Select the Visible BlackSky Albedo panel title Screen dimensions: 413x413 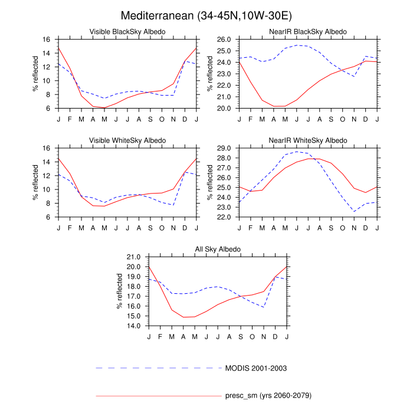click(127, 31)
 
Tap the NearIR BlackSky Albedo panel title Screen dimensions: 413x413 click(308, 31)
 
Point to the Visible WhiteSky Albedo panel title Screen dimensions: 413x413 click(127, 140)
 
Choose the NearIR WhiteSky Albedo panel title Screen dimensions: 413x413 click(308, 140)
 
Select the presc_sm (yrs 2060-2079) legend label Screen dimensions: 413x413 click(268, 395)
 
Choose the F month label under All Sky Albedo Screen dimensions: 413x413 click(160, 336)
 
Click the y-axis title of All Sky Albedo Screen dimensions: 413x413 click(119, 292)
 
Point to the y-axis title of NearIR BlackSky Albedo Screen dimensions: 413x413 click(210, 74)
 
